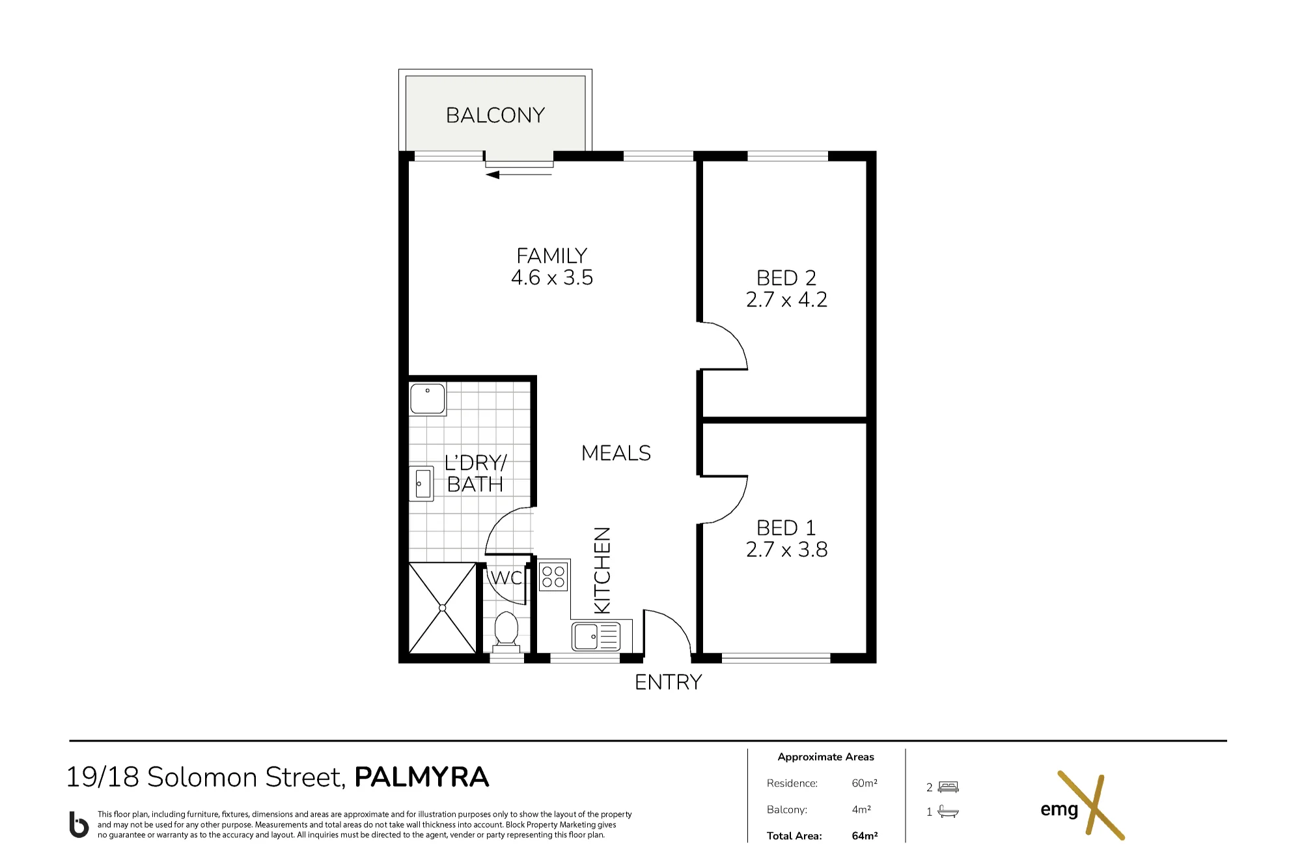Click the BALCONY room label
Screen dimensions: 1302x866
[x=495, y=115]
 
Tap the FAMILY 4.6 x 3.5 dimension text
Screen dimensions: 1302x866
[x=552, y=277]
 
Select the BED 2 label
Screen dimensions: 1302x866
[x=786, y=278]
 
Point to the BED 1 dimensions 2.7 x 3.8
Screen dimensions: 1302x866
[x=786, y=550]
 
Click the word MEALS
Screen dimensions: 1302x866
[x=616, y=453]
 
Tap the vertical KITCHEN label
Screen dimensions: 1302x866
[x=603, y=570]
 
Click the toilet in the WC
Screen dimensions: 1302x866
[x=506, y=630]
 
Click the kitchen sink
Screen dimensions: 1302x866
[x=596, y=636]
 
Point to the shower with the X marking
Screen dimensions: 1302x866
[x=443, y=608]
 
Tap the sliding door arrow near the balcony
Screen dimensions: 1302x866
[x=519, y=175]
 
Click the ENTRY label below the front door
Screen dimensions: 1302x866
[x=669, y=682]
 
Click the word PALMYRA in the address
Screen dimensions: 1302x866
[x=422, y=777]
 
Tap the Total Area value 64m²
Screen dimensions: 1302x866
[x=865, y=836]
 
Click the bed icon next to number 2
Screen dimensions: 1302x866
[x=949, y=787]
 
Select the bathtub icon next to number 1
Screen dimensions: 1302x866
[x=949, y=811]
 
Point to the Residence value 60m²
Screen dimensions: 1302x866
[x=865, y=783]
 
